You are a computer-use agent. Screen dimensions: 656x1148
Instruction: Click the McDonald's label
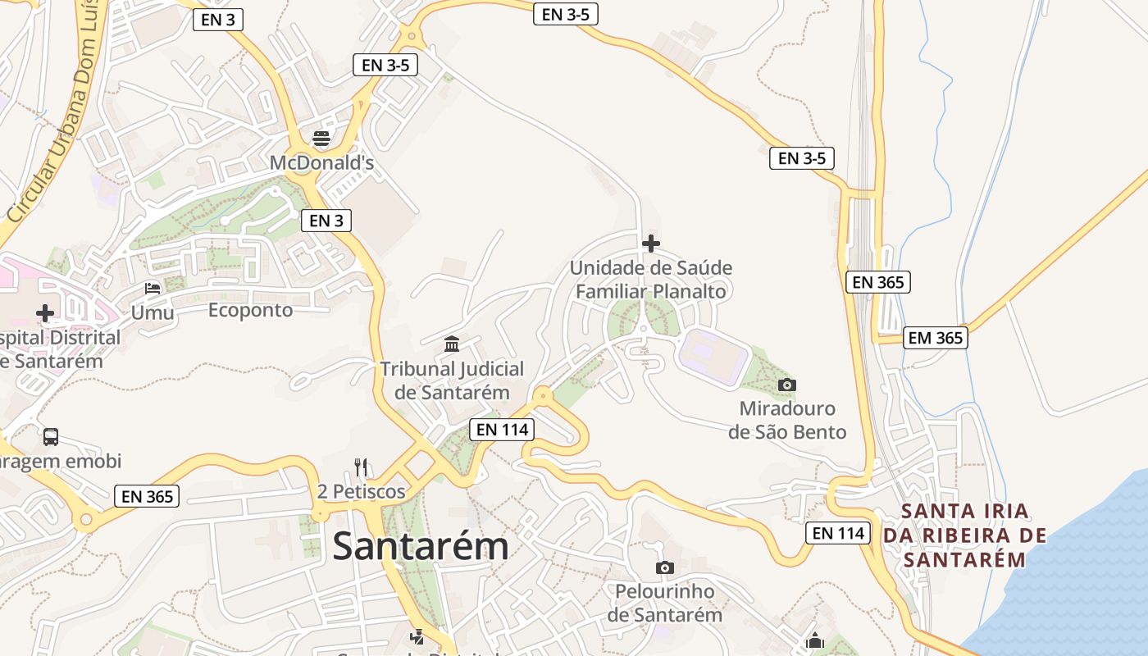coord(321,163)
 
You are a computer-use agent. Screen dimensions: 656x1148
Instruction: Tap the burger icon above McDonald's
coord(321,138)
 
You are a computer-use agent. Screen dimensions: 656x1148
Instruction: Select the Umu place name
coord(153,312)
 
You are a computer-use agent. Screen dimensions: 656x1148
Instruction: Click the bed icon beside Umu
coord(153,288)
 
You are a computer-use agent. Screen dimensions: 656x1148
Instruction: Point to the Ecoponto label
coord(250,310)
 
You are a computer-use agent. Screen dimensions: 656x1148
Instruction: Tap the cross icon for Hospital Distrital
coord(45,312)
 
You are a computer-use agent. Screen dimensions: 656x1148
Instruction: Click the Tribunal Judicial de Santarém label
coord(452,380)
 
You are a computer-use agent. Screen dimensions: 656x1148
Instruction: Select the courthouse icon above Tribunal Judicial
coord(452,344)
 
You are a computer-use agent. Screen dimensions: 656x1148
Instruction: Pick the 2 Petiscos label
coord(362,491)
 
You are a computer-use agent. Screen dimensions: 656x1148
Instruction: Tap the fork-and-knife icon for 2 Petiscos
coord(361,467)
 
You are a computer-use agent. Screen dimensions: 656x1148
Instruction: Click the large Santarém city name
coord(421,546)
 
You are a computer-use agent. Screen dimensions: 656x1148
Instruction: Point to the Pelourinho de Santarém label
coord(665,603)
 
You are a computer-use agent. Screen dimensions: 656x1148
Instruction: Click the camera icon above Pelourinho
coord(665,567)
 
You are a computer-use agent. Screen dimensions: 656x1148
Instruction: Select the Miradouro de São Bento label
coord(787,420)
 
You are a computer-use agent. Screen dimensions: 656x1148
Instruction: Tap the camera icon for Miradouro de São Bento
coord(786,385)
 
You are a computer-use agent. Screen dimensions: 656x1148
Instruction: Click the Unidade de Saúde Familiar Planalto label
coord(651,280)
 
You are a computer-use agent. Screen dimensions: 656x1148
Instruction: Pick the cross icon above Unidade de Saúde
coord(651,244)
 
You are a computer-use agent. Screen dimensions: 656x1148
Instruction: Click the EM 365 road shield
coord(935,338)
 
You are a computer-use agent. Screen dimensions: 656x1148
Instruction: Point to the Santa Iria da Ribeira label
coord(965,535)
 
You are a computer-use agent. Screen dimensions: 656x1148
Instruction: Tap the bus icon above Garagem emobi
coord(51,436)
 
